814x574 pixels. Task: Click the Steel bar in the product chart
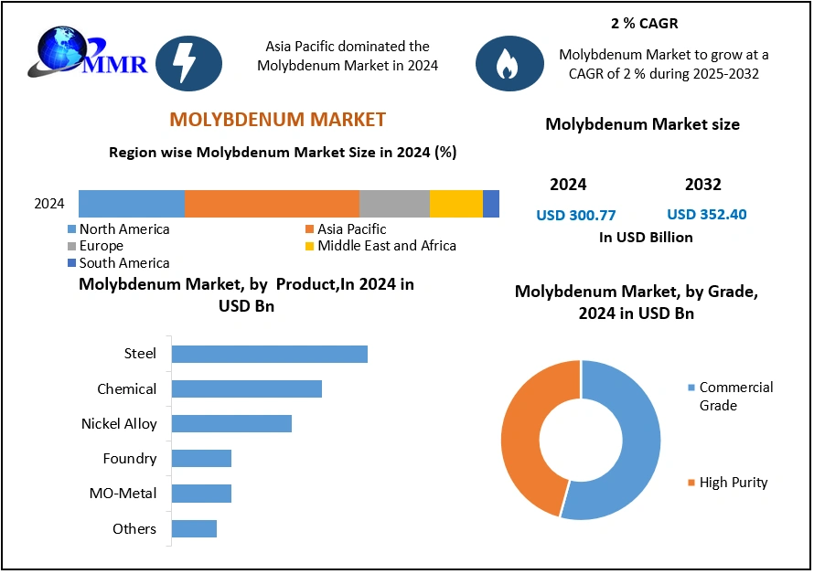coord(269,354)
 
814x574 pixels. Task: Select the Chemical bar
coord(246,388)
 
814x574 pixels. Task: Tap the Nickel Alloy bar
coord(231,423)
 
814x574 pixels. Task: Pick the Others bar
coord(194,528)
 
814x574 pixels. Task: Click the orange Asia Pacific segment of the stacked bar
coord(272,203)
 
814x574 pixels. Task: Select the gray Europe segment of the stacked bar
coord(394,203)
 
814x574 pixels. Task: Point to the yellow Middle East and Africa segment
coord(455,203)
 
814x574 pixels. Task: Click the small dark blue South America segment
coord(491,203)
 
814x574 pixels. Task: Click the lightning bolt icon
coord(189,63)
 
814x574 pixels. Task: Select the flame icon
coord(509,63)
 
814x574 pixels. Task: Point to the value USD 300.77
coord(575,216)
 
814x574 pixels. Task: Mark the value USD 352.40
coord(706,215)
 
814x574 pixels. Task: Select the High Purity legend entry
coord(733,482)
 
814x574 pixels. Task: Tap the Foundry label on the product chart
coord(129,459)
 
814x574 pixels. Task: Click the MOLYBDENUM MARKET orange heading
coord(278,120)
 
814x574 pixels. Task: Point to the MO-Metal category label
coord(123,494)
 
